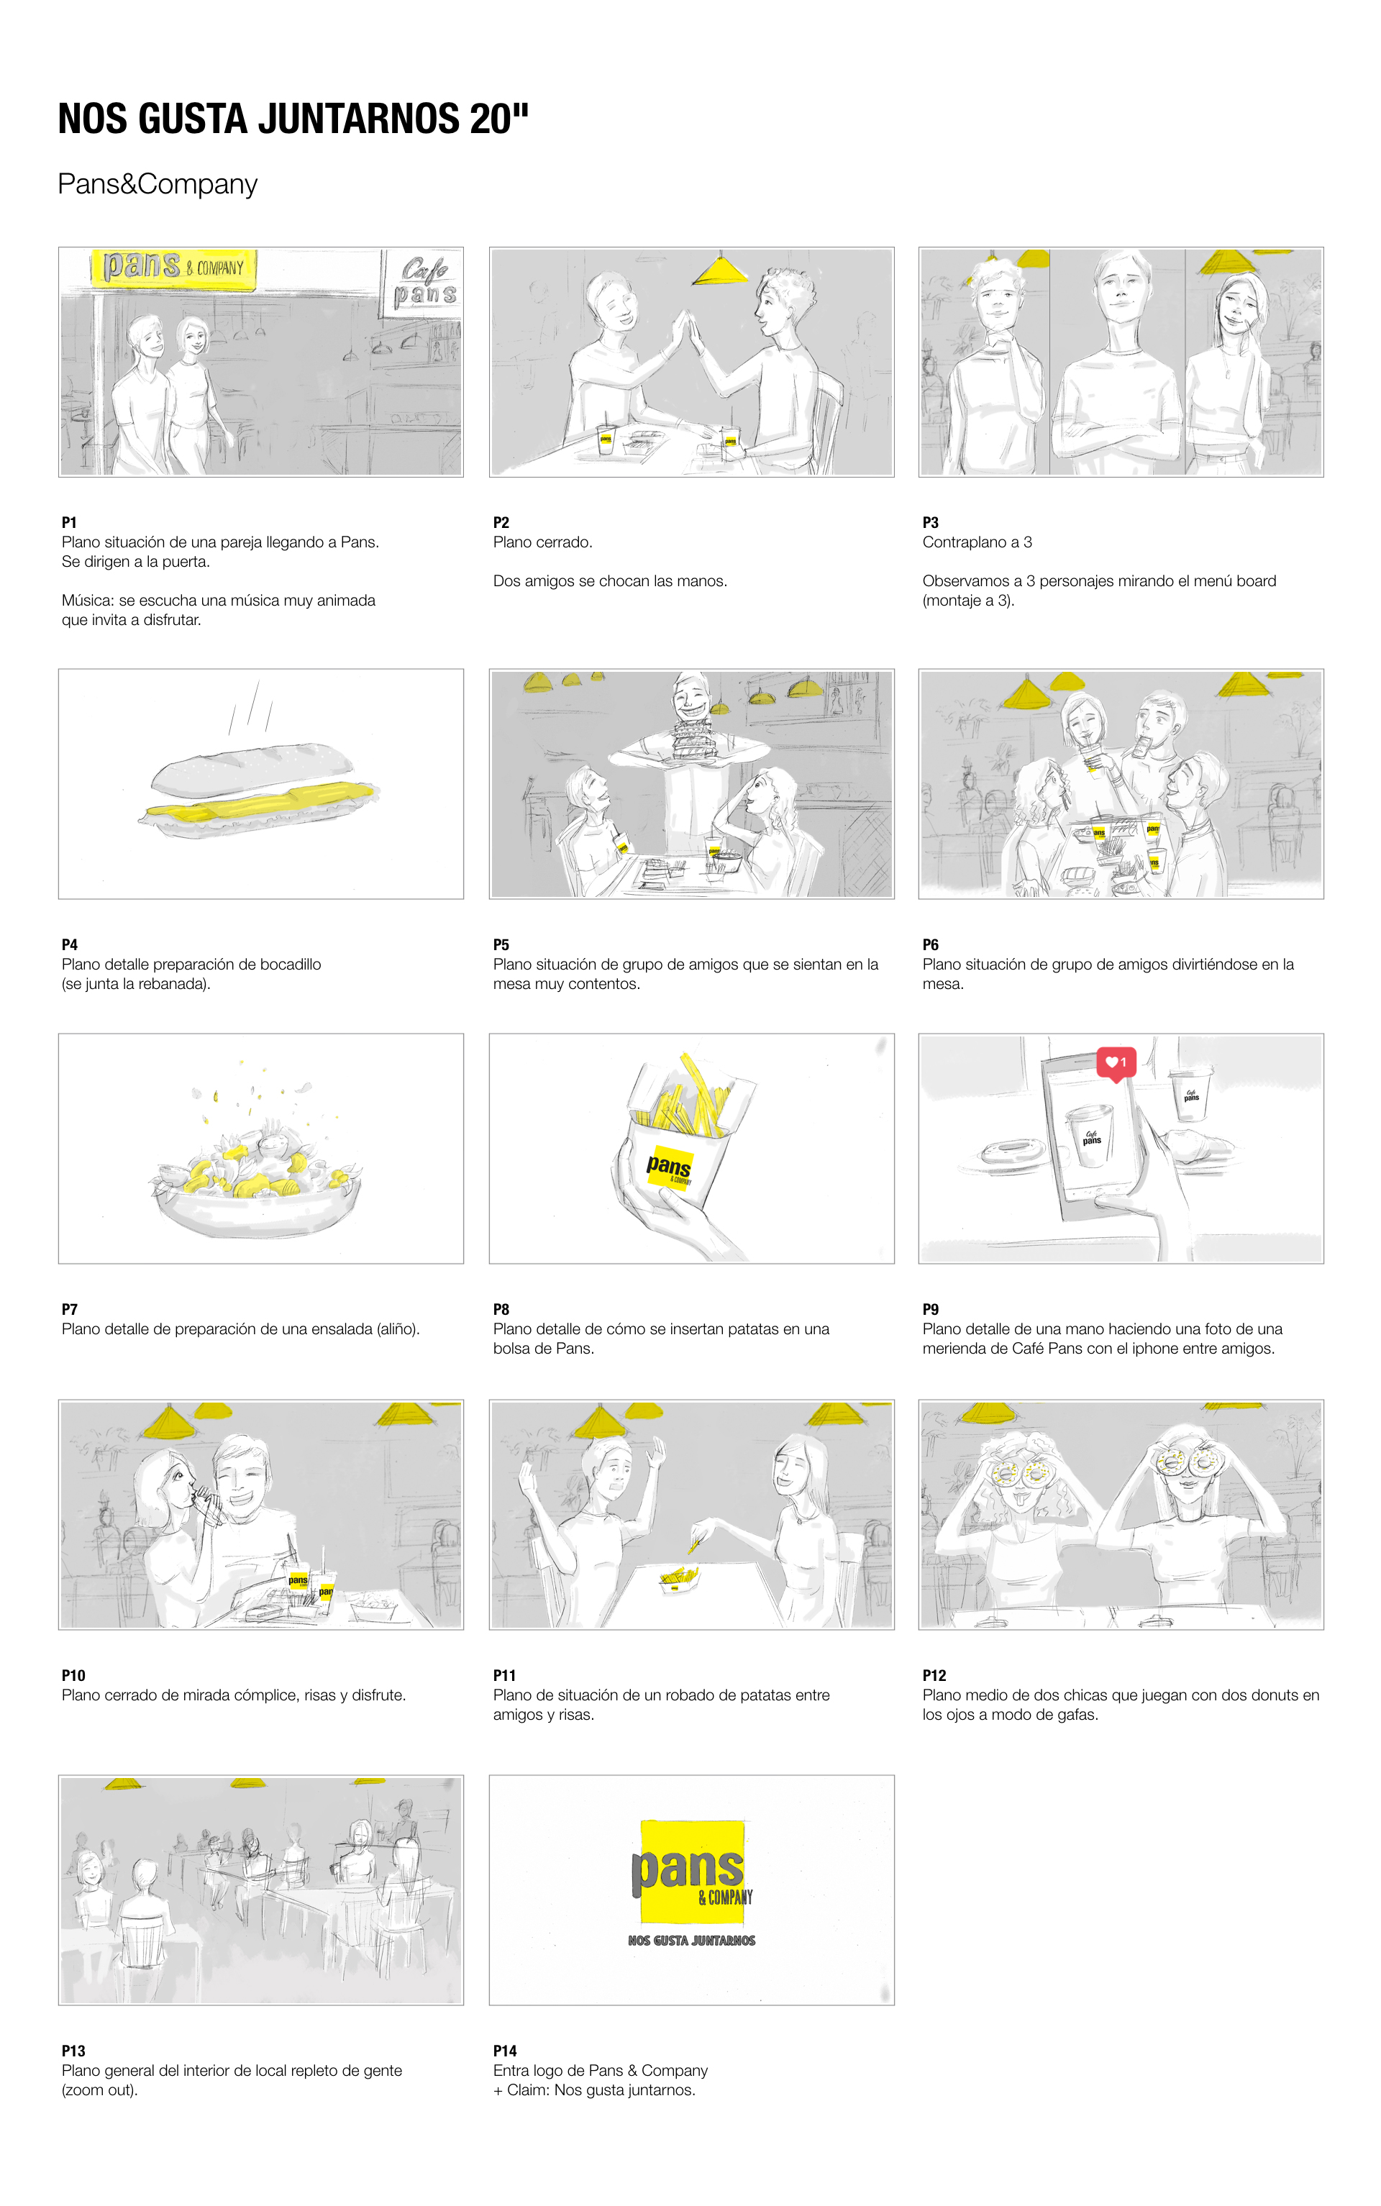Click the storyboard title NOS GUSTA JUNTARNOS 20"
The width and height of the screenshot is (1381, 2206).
(x=293, y=119)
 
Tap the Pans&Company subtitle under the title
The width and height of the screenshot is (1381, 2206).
(x=157, y=183)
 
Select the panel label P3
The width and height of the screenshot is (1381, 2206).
(x=931, y=522)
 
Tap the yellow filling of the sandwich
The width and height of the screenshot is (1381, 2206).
(x=260, y=801)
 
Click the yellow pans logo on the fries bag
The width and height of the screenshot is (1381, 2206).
(x=670, y=1166)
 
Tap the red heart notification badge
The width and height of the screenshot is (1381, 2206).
(x=1116, y=1064)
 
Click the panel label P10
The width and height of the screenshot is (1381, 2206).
(x=73, y=1675)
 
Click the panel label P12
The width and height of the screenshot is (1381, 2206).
(x=934, y=1675)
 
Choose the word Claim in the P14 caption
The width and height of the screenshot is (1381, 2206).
(x=528, y=2090)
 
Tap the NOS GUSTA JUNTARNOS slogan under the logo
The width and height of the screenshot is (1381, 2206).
(x=691, y=1941)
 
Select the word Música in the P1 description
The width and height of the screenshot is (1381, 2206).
(x=88, y=600)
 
